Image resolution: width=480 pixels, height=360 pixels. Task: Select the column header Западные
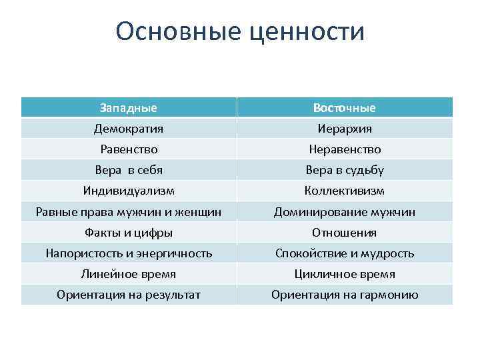tap(129, 108)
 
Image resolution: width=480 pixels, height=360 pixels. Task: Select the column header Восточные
tap(345, 108)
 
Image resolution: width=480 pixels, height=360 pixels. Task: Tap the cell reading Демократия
tap(129, 129)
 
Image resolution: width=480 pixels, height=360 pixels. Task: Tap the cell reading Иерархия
tap(345, 129)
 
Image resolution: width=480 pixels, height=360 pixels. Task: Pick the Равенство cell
tap(129, 149)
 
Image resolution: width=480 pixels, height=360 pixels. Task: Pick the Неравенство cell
tap(345, 149)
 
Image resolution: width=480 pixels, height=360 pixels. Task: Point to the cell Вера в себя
tap(129, 170)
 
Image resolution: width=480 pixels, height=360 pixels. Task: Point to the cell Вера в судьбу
tap(345, 170)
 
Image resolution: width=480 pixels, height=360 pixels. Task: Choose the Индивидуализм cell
tap(129, 191)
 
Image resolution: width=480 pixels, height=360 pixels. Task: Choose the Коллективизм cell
tap(345, 191)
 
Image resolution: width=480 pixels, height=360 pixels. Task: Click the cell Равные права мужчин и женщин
tap(129, 212)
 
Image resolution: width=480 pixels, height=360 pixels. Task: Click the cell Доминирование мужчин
tap(345, 212)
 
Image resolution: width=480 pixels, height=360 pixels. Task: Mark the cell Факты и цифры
tap(129, 233)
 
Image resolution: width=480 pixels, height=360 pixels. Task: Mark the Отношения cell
tap(345, 233)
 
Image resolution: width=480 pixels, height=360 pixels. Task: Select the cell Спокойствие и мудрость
tap(345, 253)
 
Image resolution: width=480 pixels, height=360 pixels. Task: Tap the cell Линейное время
tap(129, 274)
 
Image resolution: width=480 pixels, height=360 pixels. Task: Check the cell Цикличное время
tap(345, 274)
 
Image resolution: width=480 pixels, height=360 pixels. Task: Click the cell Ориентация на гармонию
tap(345, 295)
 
